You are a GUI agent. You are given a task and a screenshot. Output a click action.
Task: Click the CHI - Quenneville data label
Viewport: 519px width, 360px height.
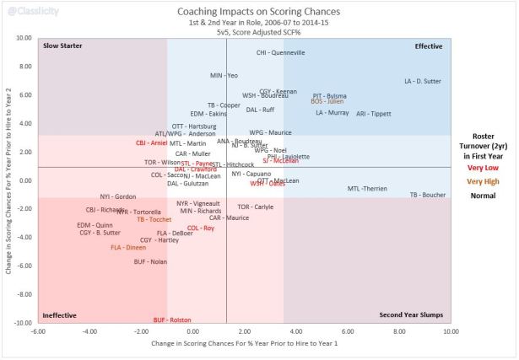pyautogui.click(x=280, y=52)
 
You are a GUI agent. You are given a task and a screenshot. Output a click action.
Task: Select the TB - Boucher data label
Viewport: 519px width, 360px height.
pyautogui.click(x=427, y=195)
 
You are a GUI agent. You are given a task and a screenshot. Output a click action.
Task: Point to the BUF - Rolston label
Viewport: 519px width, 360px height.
pyautogui.click(x=172, y=320)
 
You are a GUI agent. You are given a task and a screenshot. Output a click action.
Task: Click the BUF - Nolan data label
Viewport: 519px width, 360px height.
pyautogui.click(x=150, y=262)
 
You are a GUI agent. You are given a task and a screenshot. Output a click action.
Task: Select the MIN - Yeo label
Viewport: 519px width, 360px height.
pyautogui.click(x=224, y=76)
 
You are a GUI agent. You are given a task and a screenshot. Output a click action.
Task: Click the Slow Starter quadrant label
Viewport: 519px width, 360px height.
pyautogui.click(x=62, y=45)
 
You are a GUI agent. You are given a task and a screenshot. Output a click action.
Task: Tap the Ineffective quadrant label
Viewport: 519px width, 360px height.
pyautogui.click(x=59, y=315)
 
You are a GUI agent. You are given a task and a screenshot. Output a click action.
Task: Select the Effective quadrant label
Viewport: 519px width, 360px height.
pyautogui.click(x=429, y=45)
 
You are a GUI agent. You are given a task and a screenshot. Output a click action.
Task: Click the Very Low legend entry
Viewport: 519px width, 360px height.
pyautogui.click(x=482, y=168)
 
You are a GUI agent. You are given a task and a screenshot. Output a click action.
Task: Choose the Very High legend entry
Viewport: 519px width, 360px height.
pyautogui.click(x=482, y=181)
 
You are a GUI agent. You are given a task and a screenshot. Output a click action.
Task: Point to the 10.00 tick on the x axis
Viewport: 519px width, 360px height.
pyautogui.click(x=450, y=331)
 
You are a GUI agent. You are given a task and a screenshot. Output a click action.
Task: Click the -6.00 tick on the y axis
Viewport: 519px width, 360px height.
pyautogui.click(x=24, y=266)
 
